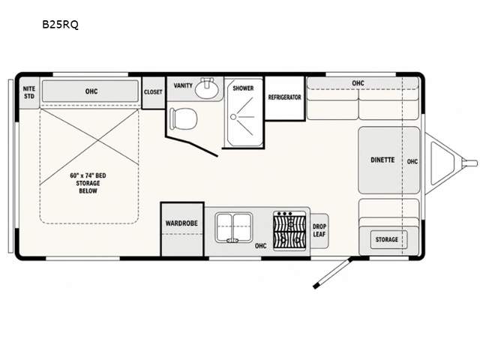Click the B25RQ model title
point(60,25)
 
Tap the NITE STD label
point(29,92)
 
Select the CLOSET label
point(153,91)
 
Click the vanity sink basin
point(207,88)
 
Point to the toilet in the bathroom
point(183,118)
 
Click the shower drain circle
point(233,117)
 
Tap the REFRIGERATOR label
point(285,97)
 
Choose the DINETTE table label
point(382,160)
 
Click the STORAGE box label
point(387,239)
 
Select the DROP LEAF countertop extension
point(319,230)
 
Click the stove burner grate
point(289,231)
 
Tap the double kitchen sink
point(234,227)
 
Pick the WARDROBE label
point(181,223)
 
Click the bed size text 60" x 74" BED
point(88,175)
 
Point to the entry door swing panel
point(332,274)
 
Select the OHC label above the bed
point(91,91)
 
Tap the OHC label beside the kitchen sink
point(260,246)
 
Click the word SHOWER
point(243,88)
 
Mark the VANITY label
point(183,85)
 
